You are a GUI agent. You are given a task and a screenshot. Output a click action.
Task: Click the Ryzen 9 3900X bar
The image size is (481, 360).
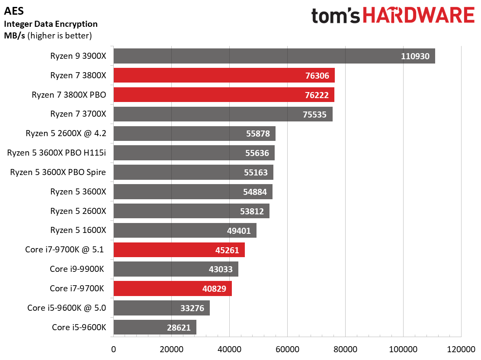[274, 56]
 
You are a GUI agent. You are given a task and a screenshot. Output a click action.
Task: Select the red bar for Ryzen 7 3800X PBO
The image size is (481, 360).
[224, 95]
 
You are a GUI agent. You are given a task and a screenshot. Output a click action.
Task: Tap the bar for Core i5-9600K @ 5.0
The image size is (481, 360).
[162, 308]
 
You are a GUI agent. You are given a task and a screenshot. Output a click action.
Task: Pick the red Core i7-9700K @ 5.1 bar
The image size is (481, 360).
[179, 250]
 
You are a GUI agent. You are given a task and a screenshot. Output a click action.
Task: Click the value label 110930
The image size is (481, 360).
[415, 56]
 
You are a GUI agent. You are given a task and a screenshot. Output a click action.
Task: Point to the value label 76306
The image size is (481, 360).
[317, 76]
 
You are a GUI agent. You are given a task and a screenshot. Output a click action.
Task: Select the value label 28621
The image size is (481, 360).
[179, 328]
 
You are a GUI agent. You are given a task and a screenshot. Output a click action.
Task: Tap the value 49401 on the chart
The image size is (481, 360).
[239, 231]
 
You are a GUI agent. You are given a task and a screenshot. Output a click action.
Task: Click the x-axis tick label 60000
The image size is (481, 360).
[288, 349]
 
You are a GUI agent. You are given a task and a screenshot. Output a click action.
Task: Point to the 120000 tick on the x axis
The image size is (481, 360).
[461, 349]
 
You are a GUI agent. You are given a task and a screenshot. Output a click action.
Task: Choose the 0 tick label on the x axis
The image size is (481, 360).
[113, 349]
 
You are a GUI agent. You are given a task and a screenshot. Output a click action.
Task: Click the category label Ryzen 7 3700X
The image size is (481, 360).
[78, 114]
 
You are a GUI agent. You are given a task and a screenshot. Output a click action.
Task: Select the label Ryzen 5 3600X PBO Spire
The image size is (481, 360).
[58, 172]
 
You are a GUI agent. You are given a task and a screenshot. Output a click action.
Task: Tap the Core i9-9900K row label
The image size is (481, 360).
[77, 269]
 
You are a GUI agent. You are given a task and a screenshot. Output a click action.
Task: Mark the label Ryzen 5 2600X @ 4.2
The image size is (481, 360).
[66, 133]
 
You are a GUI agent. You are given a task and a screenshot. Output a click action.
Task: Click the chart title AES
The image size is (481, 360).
[14, 11]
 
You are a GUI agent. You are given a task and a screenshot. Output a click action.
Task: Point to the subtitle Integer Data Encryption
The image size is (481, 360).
[51, 24]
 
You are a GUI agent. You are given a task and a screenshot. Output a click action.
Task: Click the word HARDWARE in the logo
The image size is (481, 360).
[419, 15]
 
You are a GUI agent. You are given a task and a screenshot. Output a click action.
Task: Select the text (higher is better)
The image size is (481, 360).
[60, 35]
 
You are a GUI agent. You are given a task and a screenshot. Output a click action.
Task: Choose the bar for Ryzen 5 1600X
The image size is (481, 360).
[185, 230]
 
